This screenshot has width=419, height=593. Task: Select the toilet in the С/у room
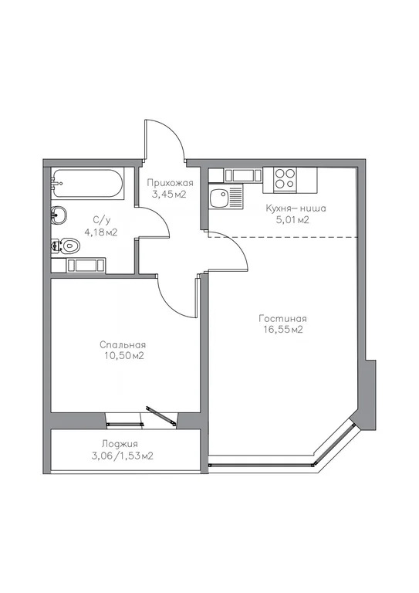point(68,246)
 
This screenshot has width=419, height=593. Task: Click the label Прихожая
point(171,183)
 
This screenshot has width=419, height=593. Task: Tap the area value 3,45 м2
point(171,195)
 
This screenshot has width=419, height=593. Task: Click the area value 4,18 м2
point(100,232)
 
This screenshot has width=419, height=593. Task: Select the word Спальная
point(123,344)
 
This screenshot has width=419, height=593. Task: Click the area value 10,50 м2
point(123,356)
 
